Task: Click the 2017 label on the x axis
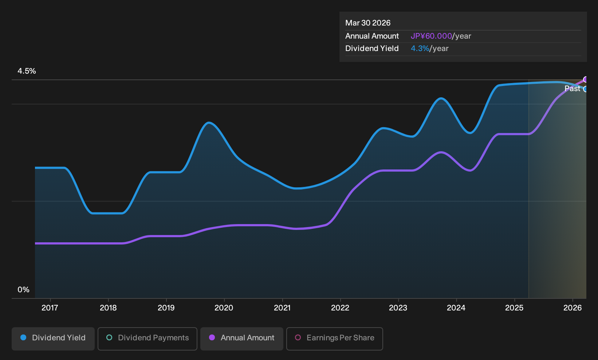coord(50,308)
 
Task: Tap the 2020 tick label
coord(224,308)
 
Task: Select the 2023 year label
coord(398,308)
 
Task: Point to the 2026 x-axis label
coord(573,308)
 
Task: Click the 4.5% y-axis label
coord(27,71)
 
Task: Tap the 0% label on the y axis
coord(24,290)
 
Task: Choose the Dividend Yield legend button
coord(53,339)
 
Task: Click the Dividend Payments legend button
coord(147,339)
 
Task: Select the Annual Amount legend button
coord(241,339)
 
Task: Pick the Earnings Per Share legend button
coord(334,339)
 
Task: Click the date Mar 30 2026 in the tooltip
coord(368,23)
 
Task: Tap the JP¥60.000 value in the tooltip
coord(431,36)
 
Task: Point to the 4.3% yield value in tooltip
coord(420,48)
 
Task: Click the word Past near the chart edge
coord(572,89)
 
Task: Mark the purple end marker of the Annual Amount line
coord(585,79)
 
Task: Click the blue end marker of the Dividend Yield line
coord(585,89)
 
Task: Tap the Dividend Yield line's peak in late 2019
coord(209,123)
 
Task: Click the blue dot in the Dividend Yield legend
coord(24,337)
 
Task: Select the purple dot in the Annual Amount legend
coord(212,337)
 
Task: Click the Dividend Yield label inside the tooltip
coord(372,48)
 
